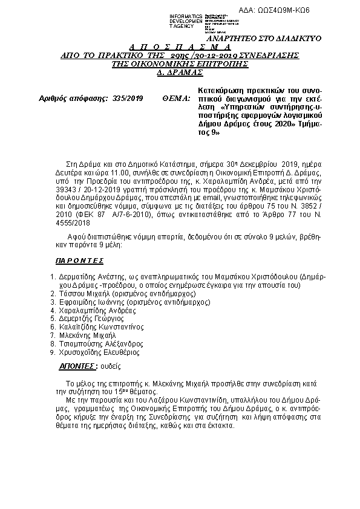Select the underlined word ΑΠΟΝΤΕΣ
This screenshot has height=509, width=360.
pyautogui.click(x=77, y=366)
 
